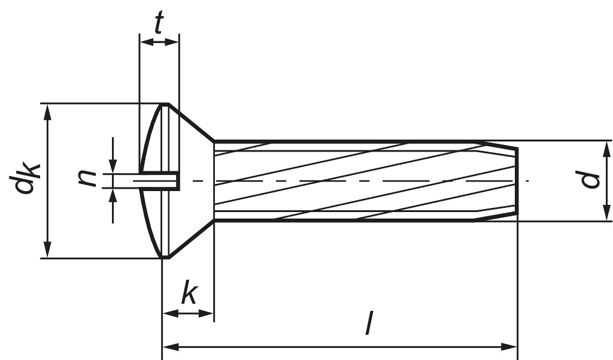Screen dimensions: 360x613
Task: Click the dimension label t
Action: [159, 23]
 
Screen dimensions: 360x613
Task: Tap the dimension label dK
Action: [25, 180]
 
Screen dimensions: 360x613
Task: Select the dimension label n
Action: [88, 179]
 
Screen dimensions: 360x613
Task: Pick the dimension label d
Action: [591, 180]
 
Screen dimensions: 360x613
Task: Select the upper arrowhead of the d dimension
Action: [606, 149]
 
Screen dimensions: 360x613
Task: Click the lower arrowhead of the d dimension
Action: [606, 213]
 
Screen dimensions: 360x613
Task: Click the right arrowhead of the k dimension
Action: [207, 313]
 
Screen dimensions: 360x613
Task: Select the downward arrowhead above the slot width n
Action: [113, 167]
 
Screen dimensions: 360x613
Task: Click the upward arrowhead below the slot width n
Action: [113, 194]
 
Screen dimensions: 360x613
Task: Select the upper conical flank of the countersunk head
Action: [192, 123]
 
